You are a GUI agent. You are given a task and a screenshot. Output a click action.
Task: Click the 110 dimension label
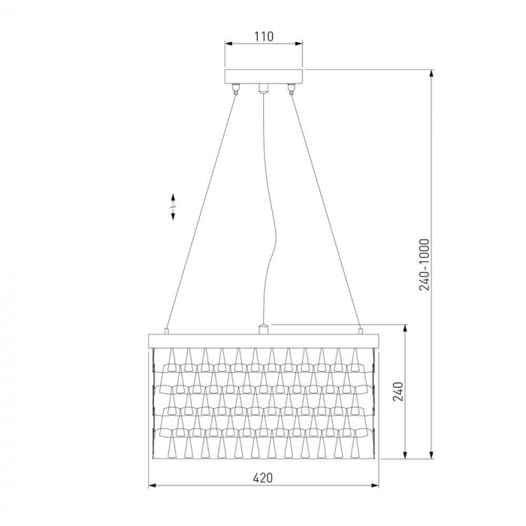[x=264, y=36]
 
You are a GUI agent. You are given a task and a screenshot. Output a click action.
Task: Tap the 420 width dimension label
[x=263, y=478]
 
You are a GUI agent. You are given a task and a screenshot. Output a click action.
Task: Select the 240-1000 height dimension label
[x=425, y=265]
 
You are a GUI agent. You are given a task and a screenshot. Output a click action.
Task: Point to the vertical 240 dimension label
[x=398, y=391]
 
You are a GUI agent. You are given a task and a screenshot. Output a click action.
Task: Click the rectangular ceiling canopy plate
[x=264, y=77]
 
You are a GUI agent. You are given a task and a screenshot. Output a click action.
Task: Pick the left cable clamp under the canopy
[x=237, y=89]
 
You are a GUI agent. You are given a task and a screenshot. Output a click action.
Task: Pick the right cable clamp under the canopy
[x=291, y=89]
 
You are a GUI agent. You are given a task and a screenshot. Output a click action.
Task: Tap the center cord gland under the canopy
[x=264, y=88]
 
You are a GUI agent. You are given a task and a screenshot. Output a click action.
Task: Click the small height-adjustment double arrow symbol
[x=173, y=207]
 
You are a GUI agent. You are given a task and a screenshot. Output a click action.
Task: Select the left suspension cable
[x=201, y=211]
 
